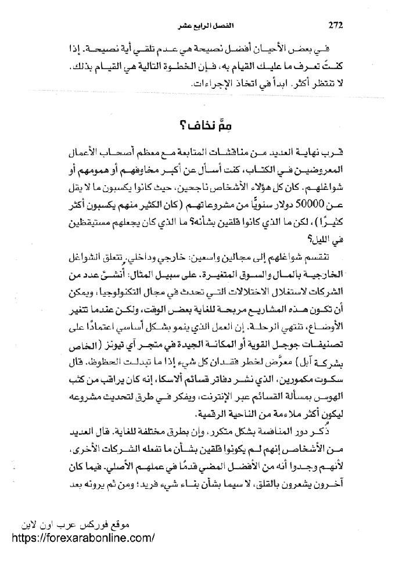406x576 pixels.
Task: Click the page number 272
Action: tap(336, 25)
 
